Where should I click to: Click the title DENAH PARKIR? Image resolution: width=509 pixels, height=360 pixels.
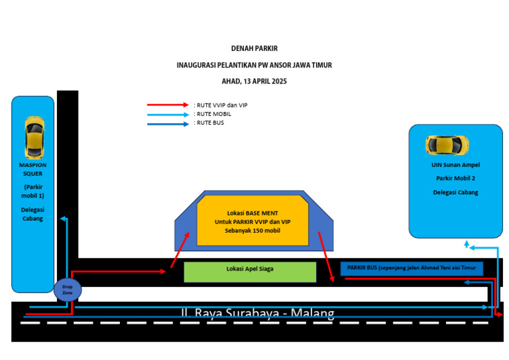click(254, 48)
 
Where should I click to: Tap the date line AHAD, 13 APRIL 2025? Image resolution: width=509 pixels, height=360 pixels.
click(254, 81)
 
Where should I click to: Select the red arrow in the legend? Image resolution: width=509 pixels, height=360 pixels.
click(168, 105)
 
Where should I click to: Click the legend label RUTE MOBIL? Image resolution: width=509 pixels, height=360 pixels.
click(214, 114)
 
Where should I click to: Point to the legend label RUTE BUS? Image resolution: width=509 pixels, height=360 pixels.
click(210, 123)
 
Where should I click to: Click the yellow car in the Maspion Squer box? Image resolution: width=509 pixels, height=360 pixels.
click(33, 137)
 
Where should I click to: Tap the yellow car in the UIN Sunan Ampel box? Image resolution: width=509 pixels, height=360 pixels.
click(447, 145)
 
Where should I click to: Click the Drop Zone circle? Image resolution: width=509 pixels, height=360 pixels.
click(67, 289)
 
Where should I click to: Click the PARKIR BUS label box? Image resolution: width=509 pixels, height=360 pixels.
click(412, 268)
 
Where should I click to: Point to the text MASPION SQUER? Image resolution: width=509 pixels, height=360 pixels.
click(32, 169)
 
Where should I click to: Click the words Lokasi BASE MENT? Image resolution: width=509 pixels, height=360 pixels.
click(253, 213)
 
